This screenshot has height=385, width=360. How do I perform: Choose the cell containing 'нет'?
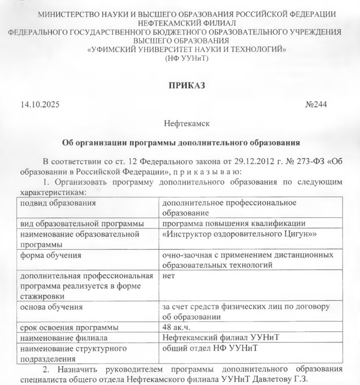tap(167, 276)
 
